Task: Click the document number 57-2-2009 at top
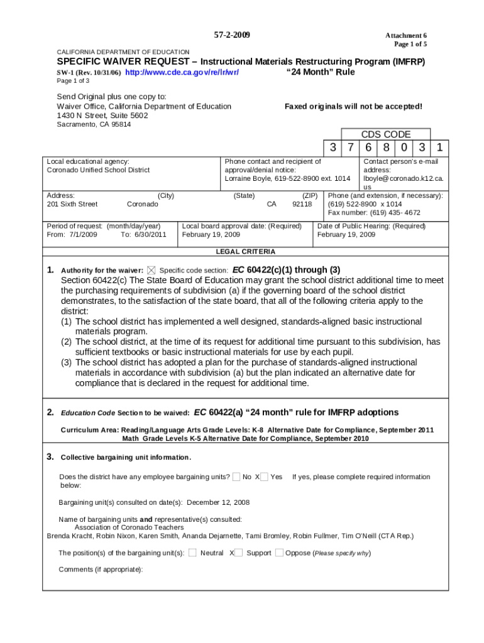click(x=232, y=35)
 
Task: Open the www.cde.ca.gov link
click(x=182, y=72)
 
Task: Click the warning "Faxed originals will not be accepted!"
click(x=353, y=107)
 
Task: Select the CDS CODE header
click(x=385, y=134)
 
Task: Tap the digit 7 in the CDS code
click(x=350, y=148)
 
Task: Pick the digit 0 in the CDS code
click(x=404, y=148)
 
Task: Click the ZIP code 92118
click(x=302, y=204)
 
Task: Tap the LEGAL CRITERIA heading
click(x=245, y=252)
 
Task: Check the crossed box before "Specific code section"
click(x=151, y=270)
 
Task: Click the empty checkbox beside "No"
click(x=236, y=477)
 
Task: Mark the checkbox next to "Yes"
click(x=264, y=477)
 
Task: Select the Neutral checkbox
click(x=192, y=553)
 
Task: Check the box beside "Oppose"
click(x=279, y=553)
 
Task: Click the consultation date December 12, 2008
click(x=218, y=502)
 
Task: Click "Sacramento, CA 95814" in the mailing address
click(x=94, y=124)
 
